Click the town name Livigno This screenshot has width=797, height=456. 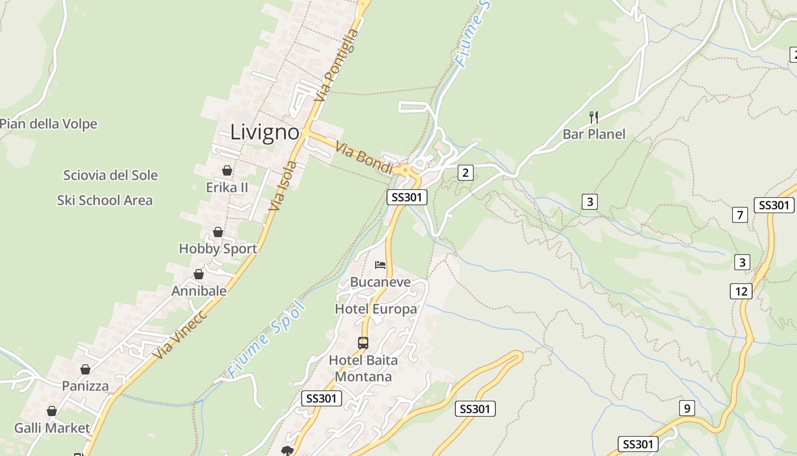[265, 132]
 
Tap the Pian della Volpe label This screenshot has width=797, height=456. [48, 124]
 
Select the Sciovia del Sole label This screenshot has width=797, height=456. [110, 175]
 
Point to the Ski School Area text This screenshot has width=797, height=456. [105, 200]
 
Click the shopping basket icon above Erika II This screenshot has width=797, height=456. [227, 170]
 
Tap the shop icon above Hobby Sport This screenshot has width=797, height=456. [218, 232]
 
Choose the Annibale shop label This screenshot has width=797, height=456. [199, 291]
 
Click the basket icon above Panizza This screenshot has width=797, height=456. [85, 369]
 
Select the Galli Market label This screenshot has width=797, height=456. [52, 427]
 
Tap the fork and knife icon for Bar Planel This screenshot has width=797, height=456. [594, 117]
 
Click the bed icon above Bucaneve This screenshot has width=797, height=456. [380, 264]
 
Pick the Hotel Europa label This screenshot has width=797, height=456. [376, 309]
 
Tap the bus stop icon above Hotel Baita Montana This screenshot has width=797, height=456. [363, 343]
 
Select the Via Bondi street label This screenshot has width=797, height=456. [364, 158]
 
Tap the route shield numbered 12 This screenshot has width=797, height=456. [741, 291]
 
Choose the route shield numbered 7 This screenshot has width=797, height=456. [740, 215]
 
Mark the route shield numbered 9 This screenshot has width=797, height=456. [687, 408]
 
